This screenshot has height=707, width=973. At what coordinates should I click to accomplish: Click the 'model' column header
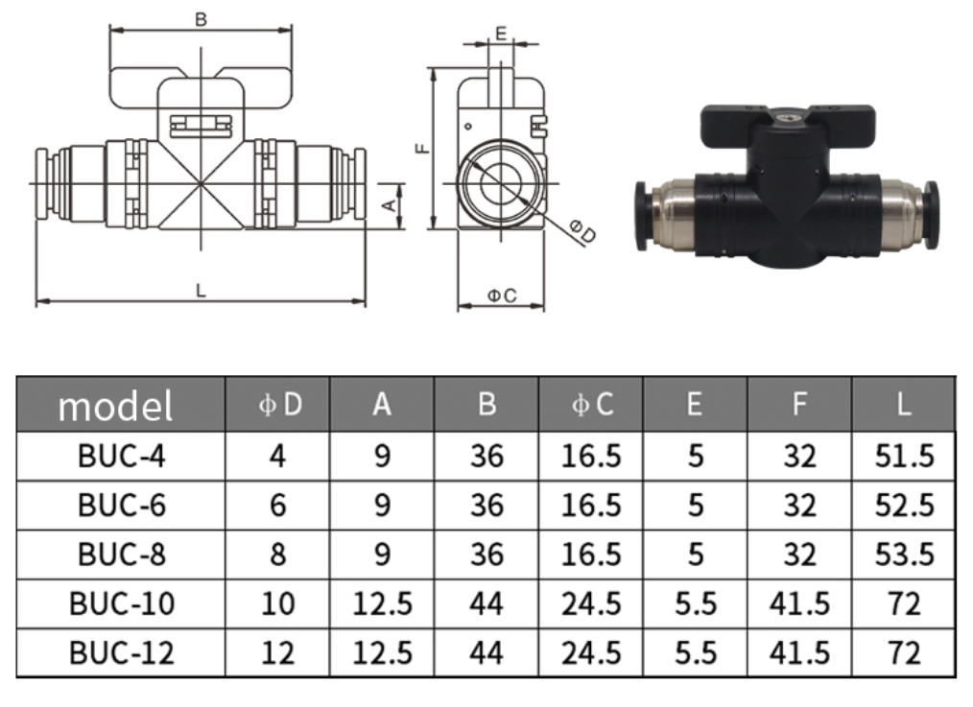point(115,406)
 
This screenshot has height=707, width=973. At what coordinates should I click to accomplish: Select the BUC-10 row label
point(122,603)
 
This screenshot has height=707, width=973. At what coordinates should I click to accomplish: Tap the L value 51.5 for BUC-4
point(904,457)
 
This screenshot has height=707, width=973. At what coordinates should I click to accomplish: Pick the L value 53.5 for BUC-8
point(904,554)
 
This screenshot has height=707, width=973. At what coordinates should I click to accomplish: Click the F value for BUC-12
point(799,653)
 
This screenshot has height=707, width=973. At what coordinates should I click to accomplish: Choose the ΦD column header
point(279,405)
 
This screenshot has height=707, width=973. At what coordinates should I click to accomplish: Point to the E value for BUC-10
point(695,603)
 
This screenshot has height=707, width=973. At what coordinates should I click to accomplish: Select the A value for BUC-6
point(382,506)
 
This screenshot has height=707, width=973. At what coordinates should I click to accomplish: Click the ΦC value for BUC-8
point(591,554)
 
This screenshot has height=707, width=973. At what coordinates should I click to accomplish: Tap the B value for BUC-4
point(486,457)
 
